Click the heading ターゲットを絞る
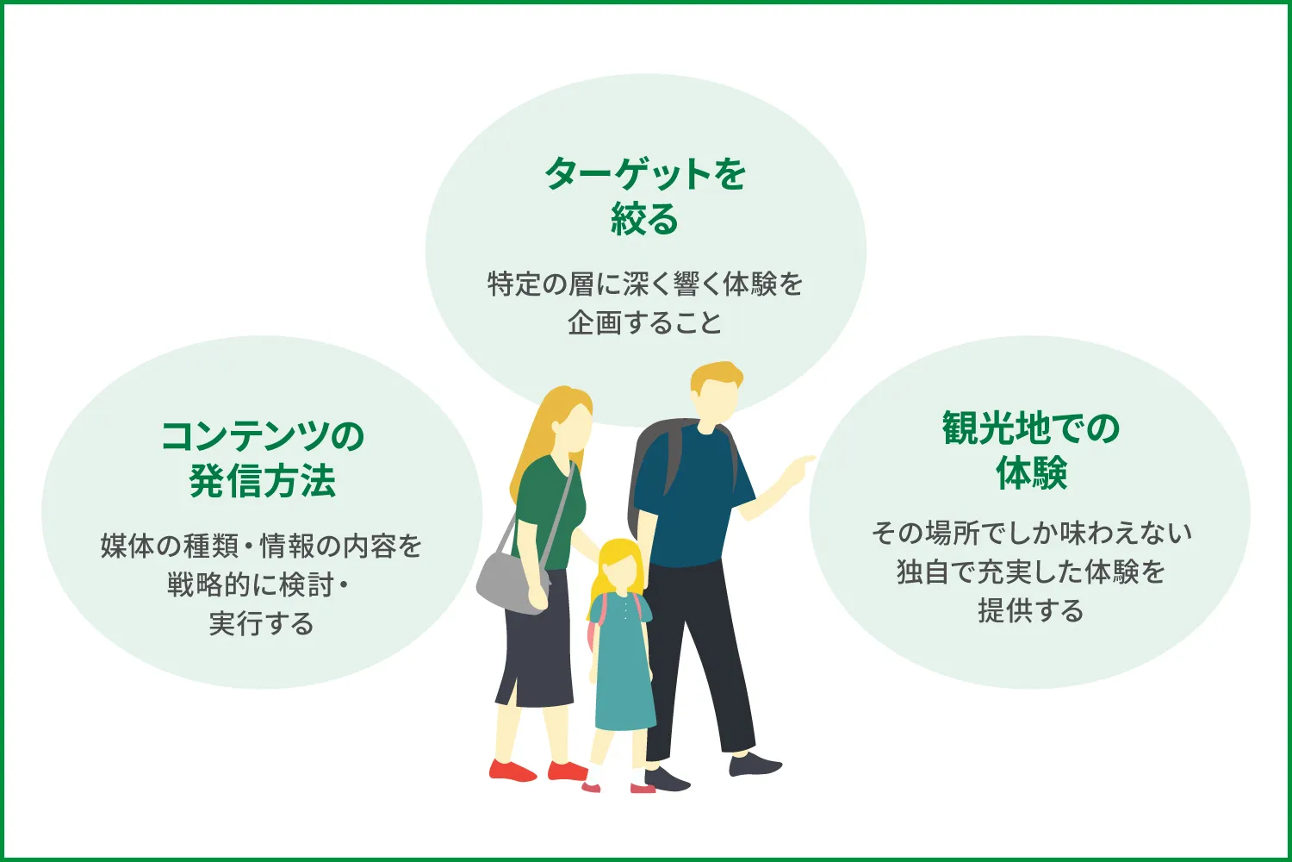(645, 197)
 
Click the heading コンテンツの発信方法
(262, 459)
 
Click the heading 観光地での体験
(1030, 450)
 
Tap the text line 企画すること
(645, 322)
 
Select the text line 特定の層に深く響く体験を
(645, 284)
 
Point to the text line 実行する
(262, 623)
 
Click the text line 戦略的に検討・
(258, 584)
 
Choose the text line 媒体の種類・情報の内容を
(262, 546)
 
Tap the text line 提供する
(1030, 610)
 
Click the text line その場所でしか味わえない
(1030, 533)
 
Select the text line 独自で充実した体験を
(1030, 572)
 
